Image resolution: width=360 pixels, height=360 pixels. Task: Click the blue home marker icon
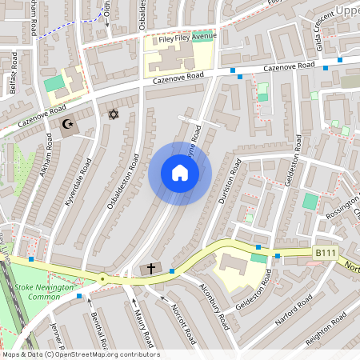[x=180, y=173]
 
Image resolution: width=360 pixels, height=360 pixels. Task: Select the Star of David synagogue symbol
[x=113, y=115]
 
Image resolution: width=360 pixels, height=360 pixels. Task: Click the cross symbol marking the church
[x=150, y=268]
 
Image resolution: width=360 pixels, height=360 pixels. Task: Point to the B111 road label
[x=325, y=254]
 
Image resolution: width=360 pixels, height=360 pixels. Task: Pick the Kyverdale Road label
[x=74, y=182]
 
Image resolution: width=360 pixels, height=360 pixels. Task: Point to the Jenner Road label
[x=58, y=339]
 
